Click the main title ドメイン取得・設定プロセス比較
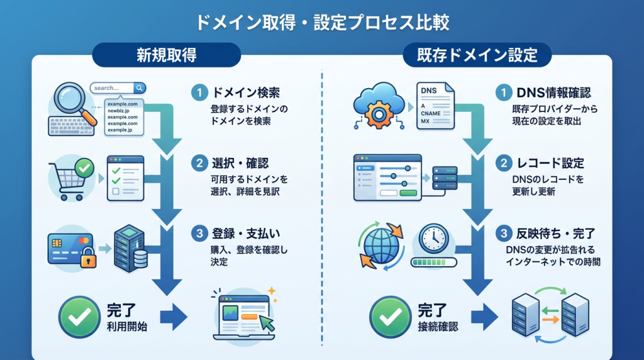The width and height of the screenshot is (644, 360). (322, 23)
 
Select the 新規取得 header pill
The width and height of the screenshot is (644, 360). (166, 55)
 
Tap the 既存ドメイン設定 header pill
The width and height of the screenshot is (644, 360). (477, 55)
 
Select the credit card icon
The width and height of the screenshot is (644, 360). (68, 247)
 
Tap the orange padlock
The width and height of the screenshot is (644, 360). (88, 257)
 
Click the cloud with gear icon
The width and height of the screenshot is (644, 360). (377, 104)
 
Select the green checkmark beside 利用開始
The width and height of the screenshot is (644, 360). (79, 317)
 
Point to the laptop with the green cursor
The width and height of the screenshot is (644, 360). (243, 315)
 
